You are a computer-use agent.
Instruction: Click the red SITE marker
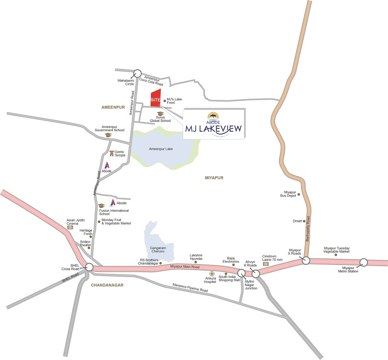(155, 98)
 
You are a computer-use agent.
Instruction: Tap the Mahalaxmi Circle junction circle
(138, 73)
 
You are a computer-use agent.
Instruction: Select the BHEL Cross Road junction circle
(89, 267)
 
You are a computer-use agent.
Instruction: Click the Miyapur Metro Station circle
(364, 262)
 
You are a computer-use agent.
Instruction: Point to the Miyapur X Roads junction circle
(306, 260)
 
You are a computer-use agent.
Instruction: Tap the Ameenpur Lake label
(161, 149)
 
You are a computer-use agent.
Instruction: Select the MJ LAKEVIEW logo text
(213, 129)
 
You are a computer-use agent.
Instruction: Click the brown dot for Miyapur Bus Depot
(299, 195)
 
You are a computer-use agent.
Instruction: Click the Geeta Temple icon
(112, 152)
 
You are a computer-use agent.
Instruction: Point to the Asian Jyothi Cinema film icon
(70, 227)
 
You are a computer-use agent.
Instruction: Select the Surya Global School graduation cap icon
(160, 114)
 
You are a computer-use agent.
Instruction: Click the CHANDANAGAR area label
(107, 285)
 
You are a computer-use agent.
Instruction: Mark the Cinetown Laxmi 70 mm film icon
(266, 264)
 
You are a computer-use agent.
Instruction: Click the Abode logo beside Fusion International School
(113, 203)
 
